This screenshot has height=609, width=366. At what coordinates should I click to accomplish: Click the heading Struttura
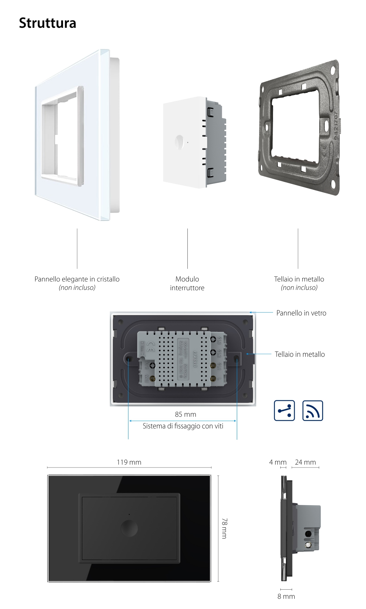tap(48, 23)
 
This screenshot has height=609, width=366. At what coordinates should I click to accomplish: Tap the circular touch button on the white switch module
tap(180, 142)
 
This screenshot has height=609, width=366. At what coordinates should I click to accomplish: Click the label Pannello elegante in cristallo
tap(77, 279)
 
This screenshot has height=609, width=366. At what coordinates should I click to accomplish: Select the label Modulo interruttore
tap(187, 283)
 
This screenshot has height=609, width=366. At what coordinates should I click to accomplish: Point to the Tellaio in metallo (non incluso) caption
tap(299, 283)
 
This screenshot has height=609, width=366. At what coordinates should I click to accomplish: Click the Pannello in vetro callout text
tap(301, 313)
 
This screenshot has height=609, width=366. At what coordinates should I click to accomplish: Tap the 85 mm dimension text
tap(185, 414)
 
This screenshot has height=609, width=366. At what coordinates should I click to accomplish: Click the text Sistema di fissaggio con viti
tap(183, 426)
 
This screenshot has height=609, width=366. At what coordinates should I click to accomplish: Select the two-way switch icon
tap(284, 411)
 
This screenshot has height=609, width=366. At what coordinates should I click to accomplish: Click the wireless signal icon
tap(313, 411)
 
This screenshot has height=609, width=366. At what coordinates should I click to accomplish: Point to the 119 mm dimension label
tap(129, 462)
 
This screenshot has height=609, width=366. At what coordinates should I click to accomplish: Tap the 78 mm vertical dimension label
tap(224, 528)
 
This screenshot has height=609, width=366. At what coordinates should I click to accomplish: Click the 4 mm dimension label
tap(277, 462)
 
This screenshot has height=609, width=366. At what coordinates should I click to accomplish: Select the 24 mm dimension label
tap(305, 462)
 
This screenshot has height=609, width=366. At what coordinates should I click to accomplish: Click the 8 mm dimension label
tap(286, 596)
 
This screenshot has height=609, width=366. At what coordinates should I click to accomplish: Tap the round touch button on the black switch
tap(129, 528)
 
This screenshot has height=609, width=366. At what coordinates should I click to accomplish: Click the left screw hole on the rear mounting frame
tap(129, 359)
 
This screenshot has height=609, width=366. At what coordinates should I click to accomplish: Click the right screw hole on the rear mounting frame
tap(236, 359)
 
